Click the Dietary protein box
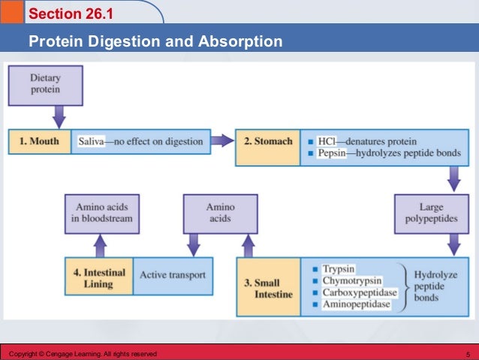click(45, 84)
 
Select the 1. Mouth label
click(39, 141)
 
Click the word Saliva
click(91, 141)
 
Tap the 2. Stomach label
click(268, 141)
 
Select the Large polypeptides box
click(427, 213)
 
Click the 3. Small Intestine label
click(268, 289)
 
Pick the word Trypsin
click(339, 268)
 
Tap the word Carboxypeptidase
click(359, 292)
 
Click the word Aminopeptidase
click(357, 304)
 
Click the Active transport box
click(172, 276)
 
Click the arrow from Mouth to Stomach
click(221, 141)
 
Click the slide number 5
click(468, 353)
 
